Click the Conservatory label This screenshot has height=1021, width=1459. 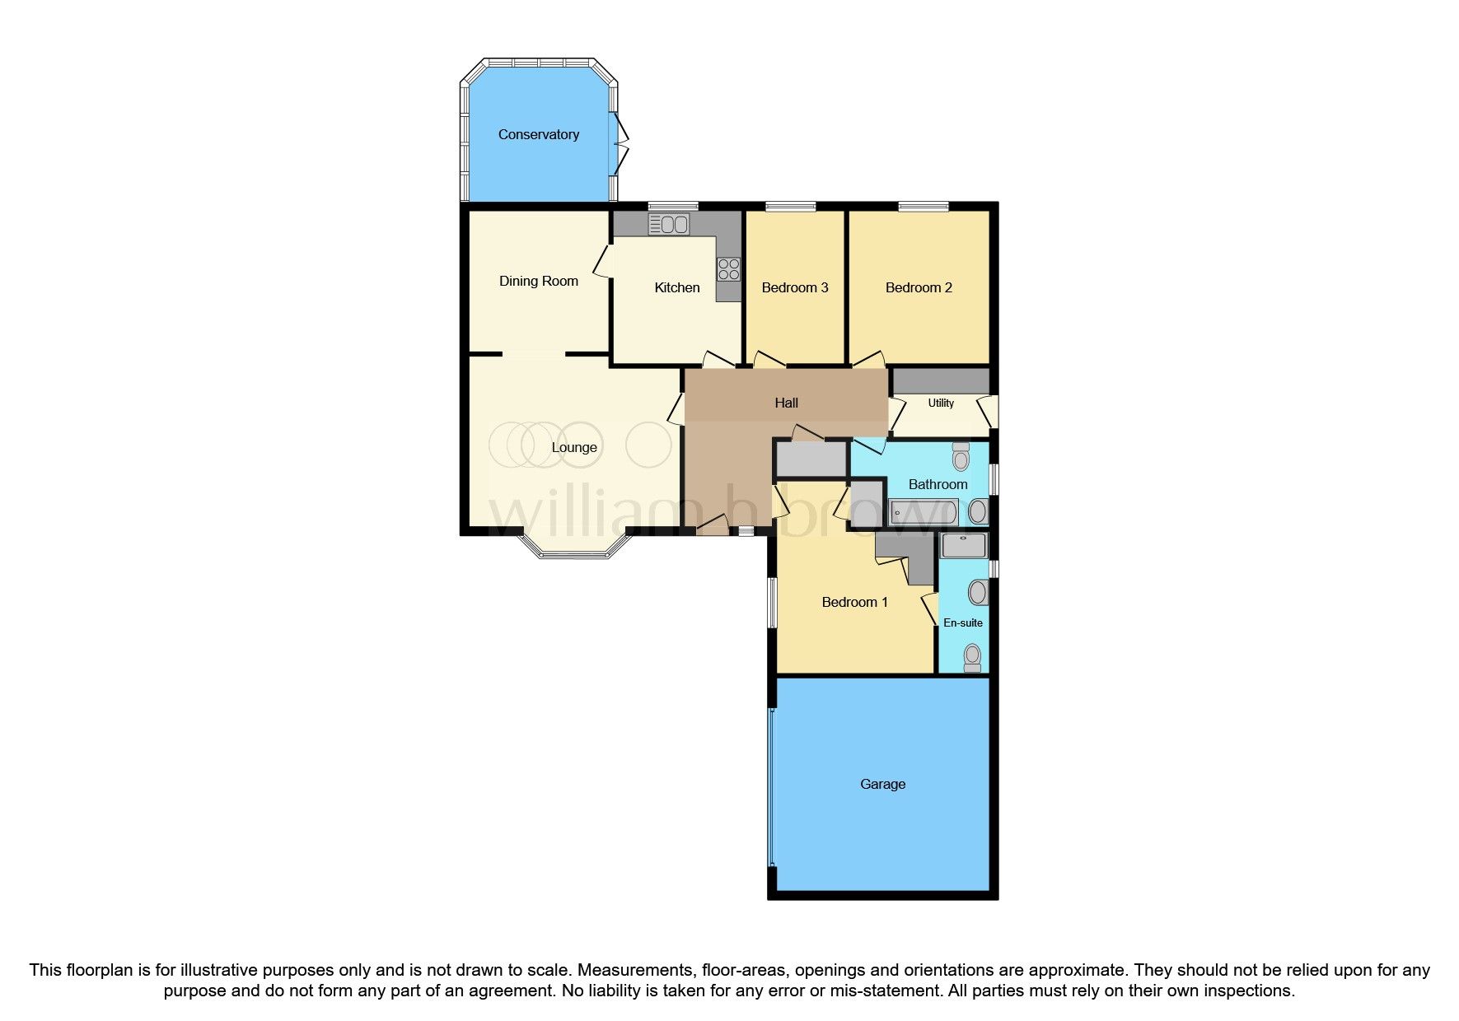click(538, 134)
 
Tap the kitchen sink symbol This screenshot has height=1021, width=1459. click(668, 223)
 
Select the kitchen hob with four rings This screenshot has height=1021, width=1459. click(728, 268)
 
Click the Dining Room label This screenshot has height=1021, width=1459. click(538, 281)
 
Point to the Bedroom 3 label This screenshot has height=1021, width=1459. click(794, 287)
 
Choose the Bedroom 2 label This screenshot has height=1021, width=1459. click(919, 287)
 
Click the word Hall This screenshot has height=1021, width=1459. click(786, 403)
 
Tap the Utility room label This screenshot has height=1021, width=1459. click(941, 403)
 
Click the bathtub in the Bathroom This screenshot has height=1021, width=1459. click(922, 513)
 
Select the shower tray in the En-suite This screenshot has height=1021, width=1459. click(963, 544)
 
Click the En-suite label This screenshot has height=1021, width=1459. click(962, 623)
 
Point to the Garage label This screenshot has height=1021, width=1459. click(882, 784)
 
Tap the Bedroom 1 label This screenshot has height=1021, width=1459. click(854, 602)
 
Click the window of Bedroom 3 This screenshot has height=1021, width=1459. click(790, 206)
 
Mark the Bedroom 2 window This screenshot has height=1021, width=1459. click(922, 206)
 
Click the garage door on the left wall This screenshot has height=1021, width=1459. click(771, 786)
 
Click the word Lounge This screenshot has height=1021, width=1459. click(573, 447)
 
